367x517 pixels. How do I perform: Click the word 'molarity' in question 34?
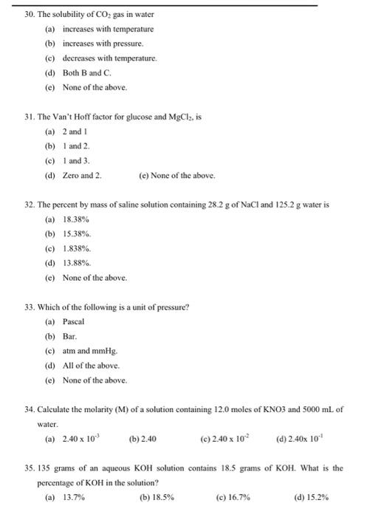point(95,409)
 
